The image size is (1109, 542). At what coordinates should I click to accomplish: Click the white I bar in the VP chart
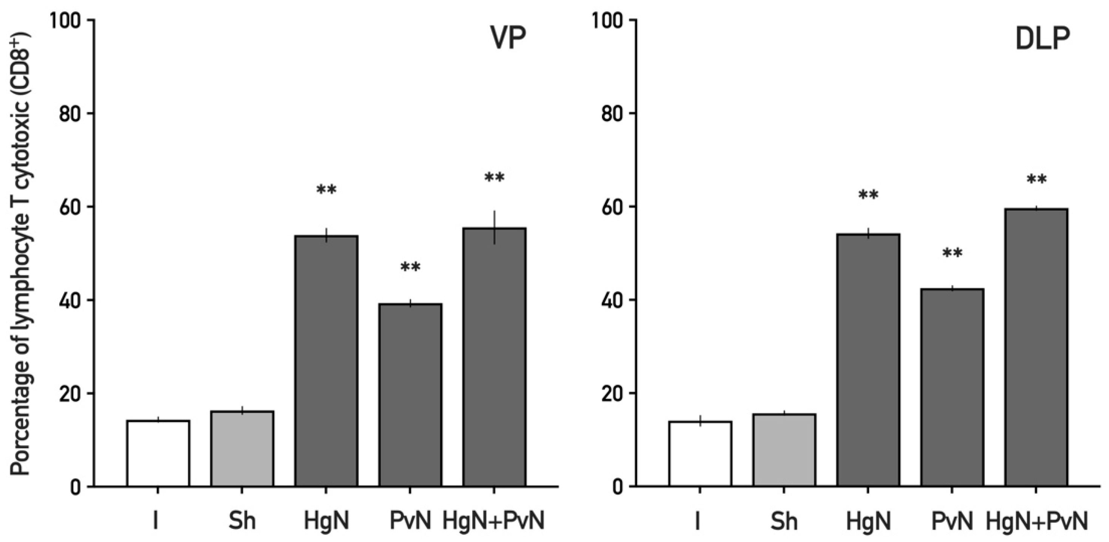(158, 453)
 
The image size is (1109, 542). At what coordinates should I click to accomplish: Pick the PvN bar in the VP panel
(410, 395)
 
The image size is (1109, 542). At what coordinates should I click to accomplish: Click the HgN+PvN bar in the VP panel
(494, 357)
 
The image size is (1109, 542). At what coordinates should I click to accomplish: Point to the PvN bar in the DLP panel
(952, 387)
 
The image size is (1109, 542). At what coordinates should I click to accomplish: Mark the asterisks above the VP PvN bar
(410, 267)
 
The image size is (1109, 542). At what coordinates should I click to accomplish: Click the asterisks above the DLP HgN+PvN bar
(1036, 180)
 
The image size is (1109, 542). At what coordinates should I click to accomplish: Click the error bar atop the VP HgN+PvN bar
(495, 227)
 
